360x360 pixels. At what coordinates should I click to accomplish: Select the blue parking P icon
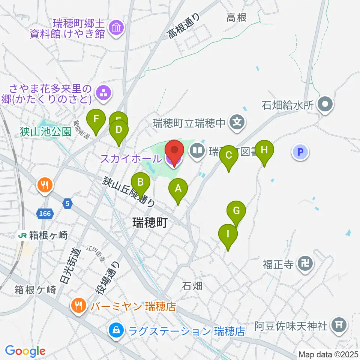tap(300, 152)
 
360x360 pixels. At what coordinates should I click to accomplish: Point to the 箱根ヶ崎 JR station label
tap(43, 235)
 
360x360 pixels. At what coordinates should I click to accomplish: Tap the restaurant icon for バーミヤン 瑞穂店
tap(78, 306)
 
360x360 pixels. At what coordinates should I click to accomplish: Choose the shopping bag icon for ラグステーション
tap(115, 330)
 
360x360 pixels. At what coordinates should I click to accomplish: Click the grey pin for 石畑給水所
tap(325, 105)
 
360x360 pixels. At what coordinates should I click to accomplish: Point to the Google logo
tap(25, 351)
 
